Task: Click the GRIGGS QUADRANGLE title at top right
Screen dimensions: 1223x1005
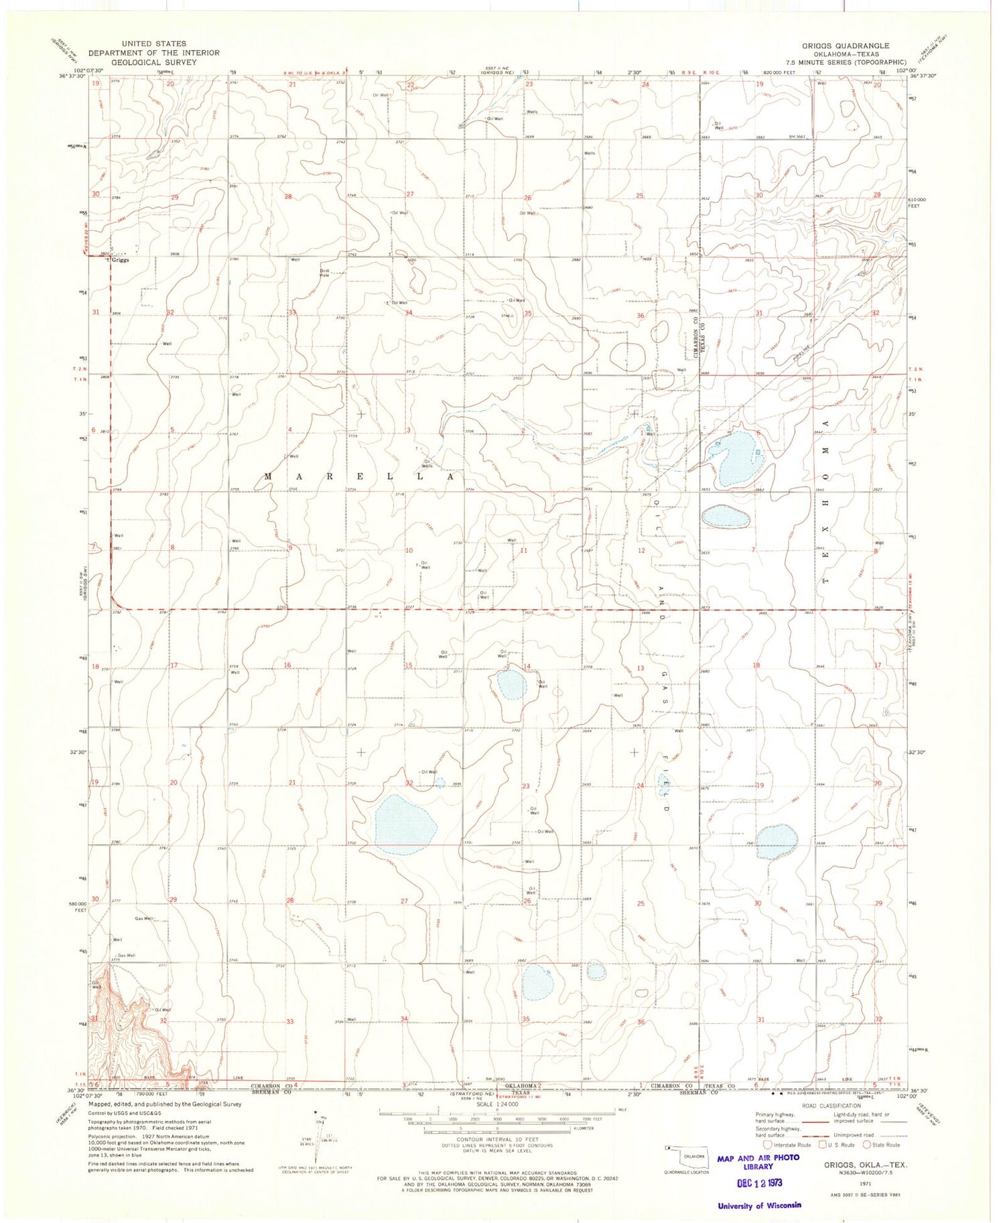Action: pyautogui.click(x=846, y=46)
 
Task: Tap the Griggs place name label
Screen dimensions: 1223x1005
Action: pyautogui.click(x=121, y=260)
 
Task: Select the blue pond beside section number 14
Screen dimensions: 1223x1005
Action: pyautogui.click(x=513, y=684)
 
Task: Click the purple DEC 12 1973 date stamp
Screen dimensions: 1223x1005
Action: pyautogui.click(x=760, y=1182)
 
